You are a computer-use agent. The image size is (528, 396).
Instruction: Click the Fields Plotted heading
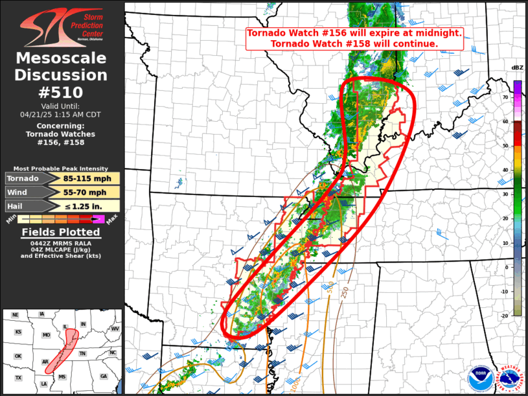click(x=62, y=232)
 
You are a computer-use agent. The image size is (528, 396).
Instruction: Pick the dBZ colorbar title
click(x=517, y=67)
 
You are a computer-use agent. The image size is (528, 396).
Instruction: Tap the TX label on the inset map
click(x=19, y=378)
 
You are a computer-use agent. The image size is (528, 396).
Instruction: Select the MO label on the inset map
click(x=47, y=335)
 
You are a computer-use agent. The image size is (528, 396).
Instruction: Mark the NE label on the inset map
click(x=16, y=315)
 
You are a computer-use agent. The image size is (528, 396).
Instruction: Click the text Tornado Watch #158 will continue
click(x=354, y=43)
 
